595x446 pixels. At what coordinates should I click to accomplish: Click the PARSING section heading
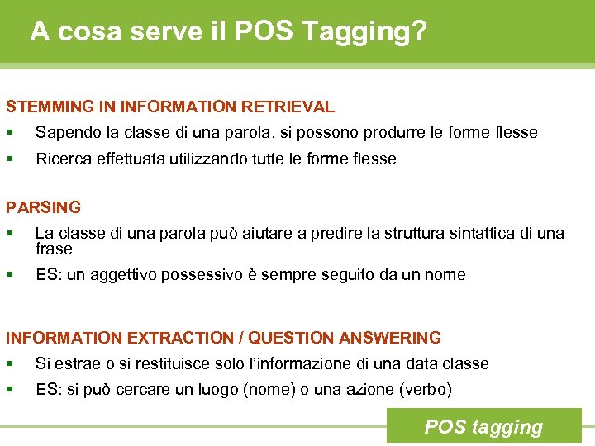(43, 207)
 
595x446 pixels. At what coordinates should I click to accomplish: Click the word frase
(54, 249)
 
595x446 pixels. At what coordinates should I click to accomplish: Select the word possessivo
(201, 275)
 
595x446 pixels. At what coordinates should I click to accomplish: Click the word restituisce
(126, 363)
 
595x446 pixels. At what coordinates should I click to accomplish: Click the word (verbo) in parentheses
(426, 389)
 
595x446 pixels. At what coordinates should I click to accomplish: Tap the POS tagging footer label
(483, 427)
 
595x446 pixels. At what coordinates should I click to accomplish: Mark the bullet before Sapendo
(10, 133)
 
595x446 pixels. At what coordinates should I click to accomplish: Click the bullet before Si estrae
(10, 363)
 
